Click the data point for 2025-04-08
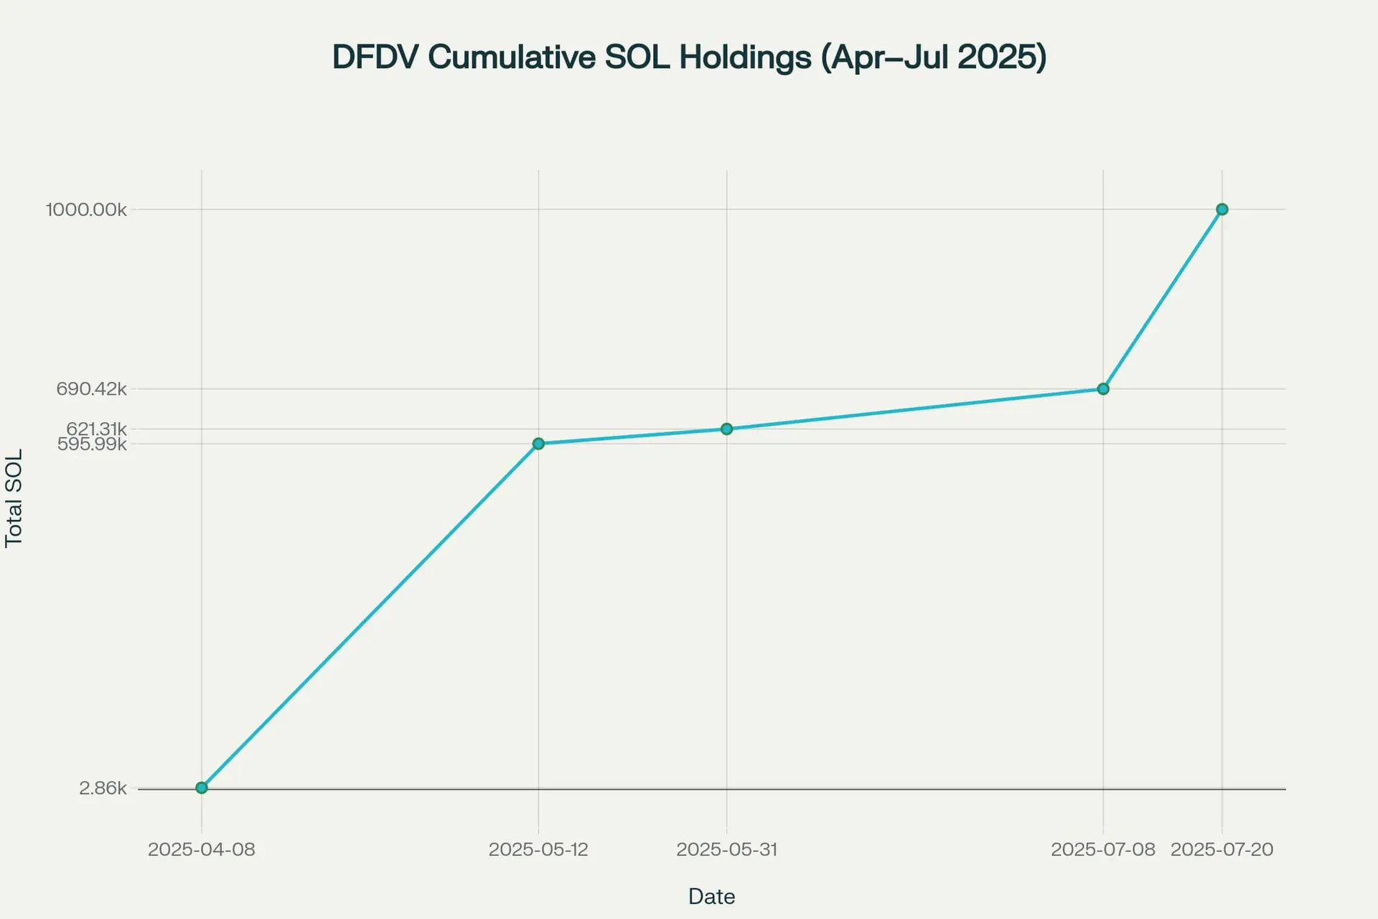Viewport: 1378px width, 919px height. click(202, 788)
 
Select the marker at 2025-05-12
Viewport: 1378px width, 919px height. click(538, 444)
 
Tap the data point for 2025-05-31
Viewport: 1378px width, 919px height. click(726, 429)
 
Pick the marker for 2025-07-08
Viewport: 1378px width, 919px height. click(1103, 389)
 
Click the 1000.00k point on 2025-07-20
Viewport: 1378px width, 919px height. click(1222, 210)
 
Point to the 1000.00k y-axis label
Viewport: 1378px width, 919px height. click(86, 210)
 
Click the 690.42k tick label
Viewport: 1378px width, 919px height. click(91, 389)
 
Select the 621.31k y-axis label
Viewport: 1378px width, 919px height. click(96, 429)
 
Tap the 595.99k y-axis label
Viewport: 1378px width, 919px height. click(92, 444)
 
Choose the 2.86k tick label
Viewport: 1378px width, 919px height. click(103, 788)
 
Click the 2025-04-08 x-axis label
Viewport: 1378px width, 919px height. click(202, 850)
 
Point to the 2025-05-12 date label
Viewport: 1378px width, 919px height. click(538, 850)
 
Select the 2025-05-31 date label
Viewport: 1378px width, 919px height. click(726, 850)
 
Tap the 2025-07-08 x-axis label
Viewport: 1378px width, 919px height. click(1103, 850)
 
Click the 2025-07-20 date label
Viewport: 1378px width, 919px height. click(1222, 850)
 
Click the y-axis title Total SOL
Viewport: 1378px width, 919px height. click(14, 498)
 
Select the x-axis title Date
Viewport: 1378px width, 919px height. click(711, 897)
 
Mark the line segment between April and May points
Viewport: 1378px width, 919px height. click(370, 616)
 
